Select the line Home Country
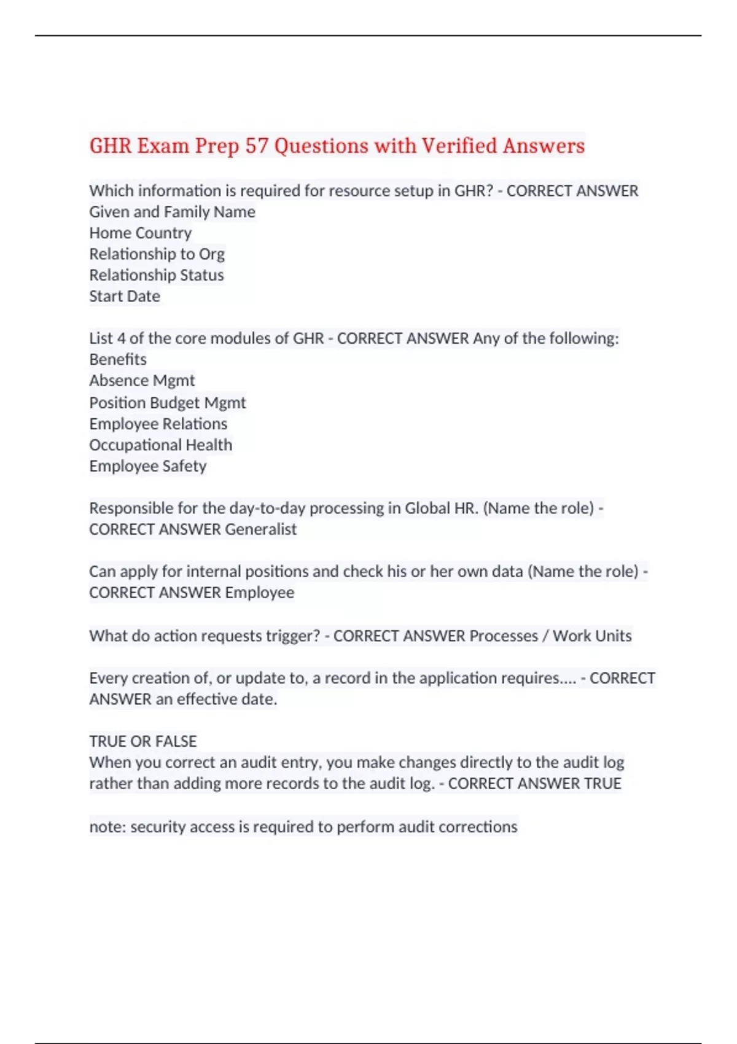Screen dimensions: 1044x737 coord(140,233)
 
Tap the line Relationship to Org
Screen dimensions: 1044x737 coord(157,254)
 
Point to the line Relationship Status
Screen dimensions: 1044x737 coord(156,275)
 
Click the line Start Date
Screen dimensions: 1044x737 coord(125,297)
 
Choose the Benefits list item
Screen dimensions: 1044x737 coord(118,359)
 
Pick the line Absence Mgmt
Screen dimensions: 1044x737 coord(142,381)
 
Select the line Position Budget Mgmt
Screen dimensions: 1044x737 coord(167,403)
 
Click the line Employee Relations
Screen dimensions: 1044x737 coord(158,424)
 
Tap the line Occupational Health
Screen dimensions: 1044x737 coord(160,445)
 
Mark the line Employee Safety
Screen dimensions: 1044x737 coord(147,466)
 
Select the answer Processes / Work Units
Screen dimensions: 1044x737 coord(550,636)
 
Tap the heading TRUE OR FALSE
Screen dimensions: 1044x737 coord(142,741)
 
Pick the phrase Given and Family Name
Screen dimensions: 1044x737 coord(172,212)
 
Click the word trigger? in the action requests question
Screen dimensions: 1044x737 coord(292,636)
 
